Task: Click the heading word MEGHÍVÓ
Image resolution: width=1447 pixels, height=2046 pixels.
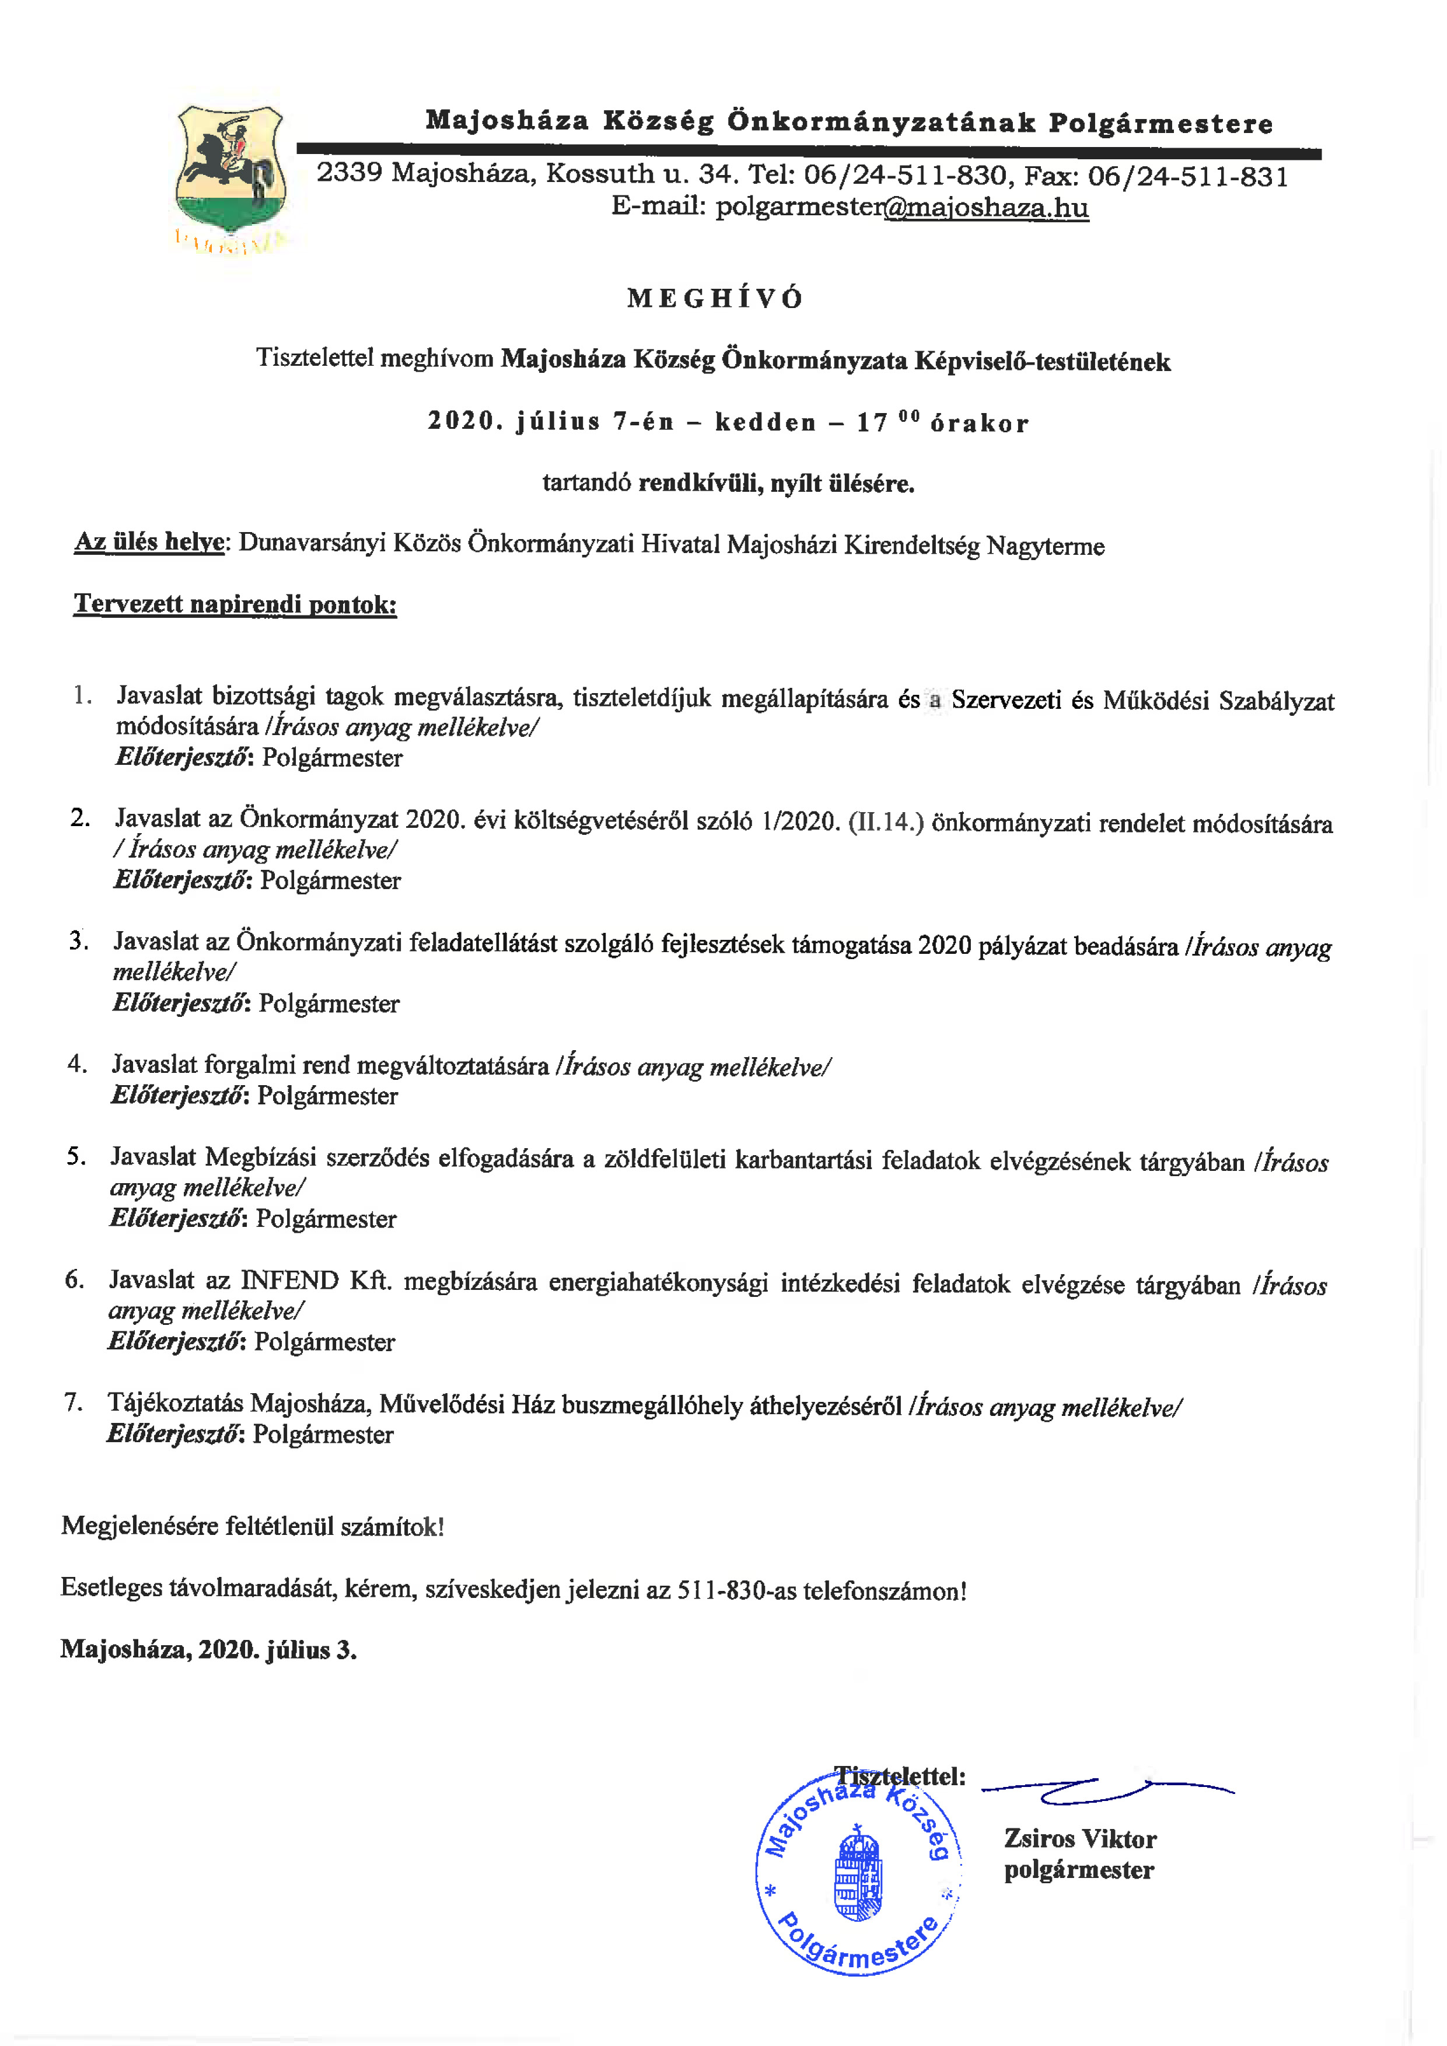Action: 715,299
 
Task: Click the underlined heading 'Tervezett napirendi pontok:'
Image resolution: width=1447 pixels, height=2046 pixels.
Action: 235,604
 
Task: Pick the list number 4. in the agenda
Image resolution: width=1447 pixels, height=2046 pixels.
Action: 78,1063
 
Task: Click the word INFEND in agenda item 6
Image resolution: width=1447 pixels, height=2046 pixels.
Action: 289,1281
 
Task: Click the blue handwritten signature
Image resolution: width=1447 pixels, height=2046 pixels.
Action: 1105,1787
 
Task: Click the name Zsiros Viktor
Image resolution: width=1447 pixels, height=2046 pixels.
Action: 1079,1838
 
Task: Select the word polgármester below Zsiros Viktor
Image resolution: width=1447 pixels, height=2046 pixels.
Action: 1078,1870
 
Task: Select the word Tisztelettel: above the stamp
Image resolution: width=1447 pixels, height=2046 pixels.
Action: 900,1776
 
